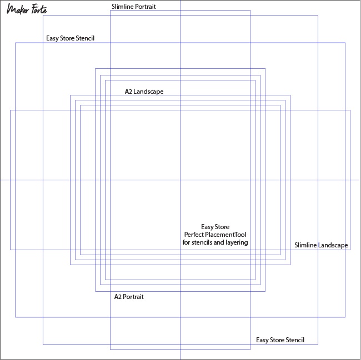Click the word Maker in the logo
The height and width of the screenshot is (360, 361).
pyautogui.click(x=18, y=9)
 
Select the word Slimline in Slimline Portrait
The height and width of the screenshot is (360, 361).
pyautogui.click(x=122, y=7)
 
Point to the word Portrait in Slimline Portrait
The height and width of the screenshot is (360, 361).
pyautogui.click(x=146, y=7)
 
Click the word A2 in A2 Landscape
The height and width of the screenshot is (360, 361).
pyautogui.click(x=128, y=92)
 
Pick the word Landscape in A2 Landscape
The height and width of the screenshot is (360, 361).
pyautogui.click(x=148, y=92)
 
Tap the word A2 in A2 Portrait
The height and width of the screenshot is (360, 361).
pyautogui.click(x=118, y=297)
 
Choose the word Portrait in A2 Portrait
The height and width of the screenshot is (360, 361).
pyautogui.click(x=133, y=297)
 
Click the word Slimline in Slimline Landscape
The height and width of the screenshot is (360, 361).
pyautogui.click(x=305, y=245)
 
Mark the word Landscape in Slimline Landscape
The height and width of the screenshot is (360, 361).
pyautogui.click(x=333, y=245)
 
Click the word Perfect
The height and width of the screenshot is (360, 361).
pyautogui.click(x=194, y=235)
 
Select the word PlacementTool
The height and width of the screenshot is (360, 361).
pyautogui.click(x=225, y=235)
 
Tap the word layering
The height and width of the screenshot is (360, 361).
pyautogui.click(x=237, y=242)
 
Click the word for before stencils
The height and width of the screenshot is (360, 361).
pyautogui.click(x=186, y=242)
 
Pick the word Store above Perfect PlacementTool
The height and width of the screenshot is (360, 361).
pyautogui.click(x=222, y=227)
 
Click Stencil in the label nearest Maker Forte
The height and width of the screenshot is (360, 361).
pyautogui.click(x=85, y=38)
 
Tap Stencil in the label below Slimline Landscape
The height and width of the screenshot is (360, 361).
pyautogui.click(x=295, y=340)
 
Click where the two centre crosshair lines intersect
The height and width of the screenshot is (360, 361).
pyautogui.click(x=180, y=180)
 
